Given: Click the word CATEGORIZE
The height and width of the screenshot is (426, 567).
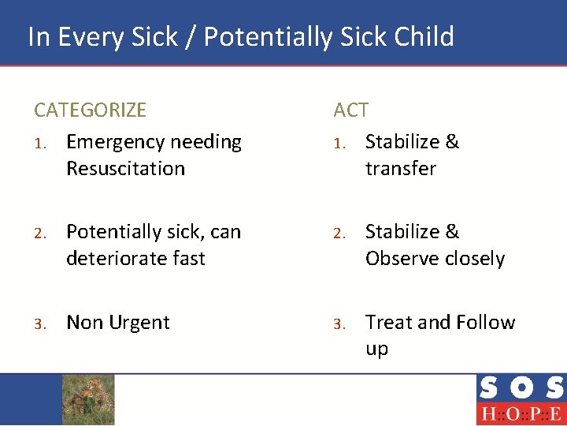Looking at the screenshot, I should click(x=90, y=110).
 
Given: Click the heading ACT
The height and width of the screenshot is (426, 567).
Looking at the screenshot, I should click(x=351, y=110).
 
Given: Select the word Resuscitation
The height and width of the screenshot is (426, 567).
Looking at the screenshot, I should click(x=125, y=169).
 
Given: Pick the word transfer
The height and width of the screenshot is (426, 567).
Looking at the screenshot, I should click(x=400, y=169).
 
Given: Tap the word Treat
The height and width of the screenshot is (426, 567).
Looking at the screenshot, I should click(x=389, y=323).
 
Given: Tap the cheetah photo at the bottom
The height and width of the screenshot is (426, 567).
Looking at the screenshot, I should click(x=88, y=399).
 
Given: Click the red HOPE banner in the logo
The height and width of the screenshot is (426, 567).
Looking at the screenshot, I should click(x=520, y=414).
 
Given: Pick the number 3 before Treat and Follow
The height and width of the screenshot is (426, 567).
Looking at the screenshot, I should click(x=338, y=323).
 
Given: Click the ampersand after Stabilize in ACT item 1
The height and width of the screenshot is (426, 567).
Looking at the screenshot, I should click(x=452, y=142).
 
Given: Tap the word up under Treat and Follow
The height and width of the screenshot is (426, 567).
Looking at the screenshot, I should click(x=376, y=349).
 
